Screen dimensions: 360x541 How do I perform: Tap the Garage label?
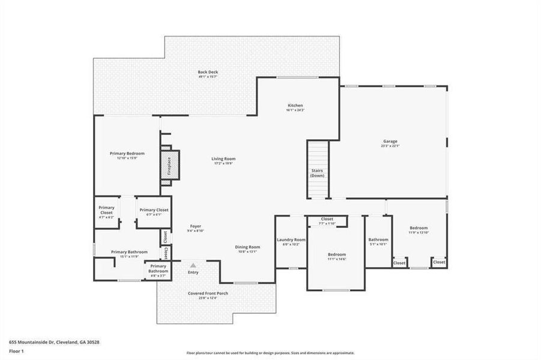390,143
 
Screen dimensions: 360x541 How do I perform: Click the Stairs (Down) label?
318,173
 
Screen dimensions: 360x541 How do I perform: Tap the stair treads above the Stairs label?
318,153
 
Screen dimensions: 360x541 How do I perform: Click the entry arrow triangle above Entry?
193,265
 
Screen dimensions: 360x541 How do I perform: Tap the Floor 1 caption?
16,352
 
